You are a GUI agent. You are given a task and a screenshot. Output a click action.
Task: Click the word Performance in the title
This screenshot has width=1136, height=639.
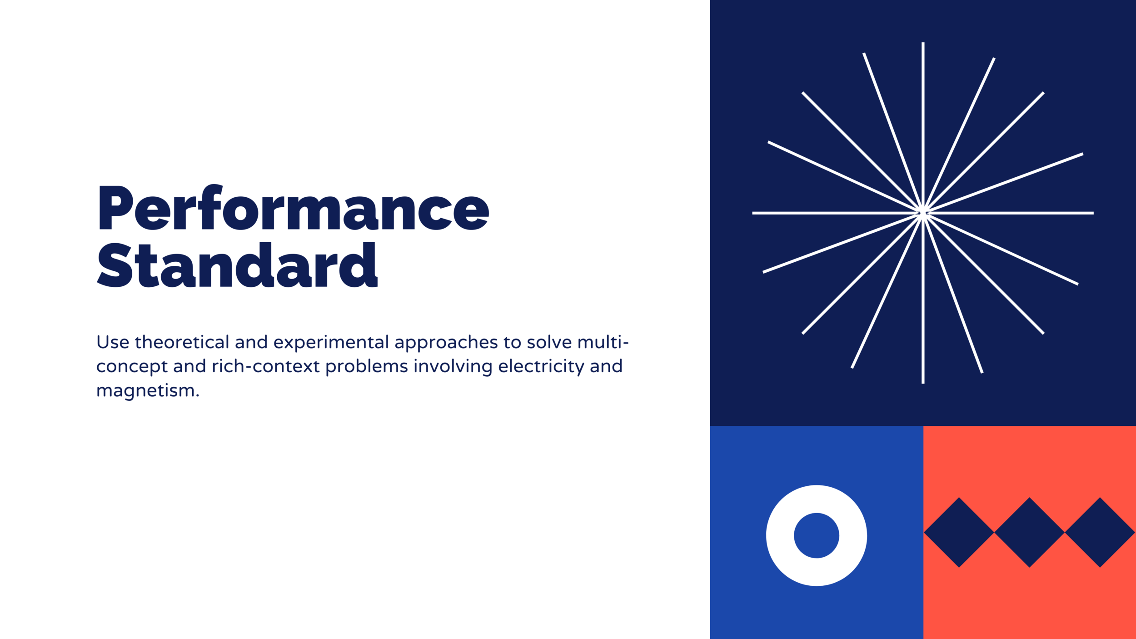[x=294, y=207]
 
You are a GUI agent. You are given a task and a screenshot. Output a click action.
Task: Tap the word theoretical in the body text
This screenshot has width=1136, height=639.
[x=182, y=342]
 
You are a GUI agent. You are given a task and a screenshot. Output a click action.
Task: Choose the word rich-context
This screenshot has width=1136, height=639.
[x=266, y=366]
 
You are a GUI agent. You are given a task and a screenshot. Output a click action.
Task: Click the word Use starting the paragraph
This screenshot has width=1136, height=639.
[x=113, y=342]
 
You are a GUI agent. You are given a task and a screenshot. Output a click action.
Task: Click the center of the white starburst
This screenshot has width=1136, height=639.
[x=923, y=213]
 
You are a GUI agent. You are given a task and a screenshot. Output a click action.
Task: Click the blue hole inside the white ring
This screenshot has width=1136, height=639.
[x=817, y=535]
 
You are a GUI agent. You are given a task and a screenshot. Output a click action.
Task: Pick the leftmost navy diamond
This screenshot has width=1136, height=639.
[x=959, y=532]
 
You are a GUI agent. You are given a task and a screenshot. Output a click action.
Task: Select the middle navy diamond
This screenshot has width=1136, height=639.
[x=1030, y=532]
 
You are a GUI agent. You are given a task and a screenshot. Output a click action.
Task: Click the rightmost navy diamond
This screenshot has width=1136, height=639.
[x=1100, y=532]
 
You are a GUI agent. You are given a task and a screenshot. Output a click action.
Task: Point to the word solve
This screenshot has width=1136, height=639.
[x=549, y=342]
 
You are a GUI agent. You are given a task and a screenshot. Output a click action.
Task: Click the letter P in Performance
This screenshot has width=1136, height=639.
[x=115, y=207]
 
